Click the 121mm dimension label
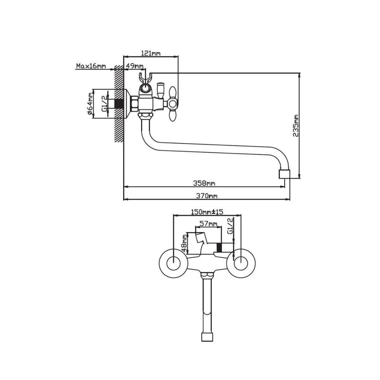click(x=151, y=53)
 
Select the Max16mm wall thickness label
click(x=90, y=66)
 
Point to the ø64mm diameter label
click(x=90, y=104)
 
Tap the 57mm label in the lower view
click(x=207, y=224)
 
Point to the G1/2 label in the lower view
click(x=230, y=226)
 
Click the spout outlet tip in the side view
click(x=284, y=174)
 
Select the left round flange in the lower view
click(x=173, y=263)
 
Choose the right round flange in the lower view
click(x=241, y=263)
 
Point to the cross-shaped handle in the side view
click(x=173, y=103)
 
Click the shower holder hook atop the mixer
click(x=146, y=79)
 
